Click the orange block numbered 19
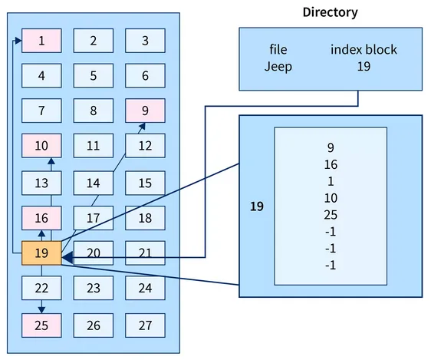pyautogui.click(x=41, y=253)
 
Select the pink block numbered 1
pyautogui.click(x=41, y=41)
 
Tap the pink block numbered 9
pyautogui.click(x=145, y=111)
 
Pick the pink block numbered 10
pyautogui.click(x=41, y=146)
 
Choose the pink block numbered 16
pyautogui.click(x=41, y=218)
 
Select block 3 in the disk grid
pyautogui.click(x=145, y=41)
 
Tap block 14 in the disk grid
pyautogui.click(x=93, y=183)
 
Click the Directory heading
pyautogui.click(x=330, y=12)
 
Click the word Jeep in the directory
pyautogui.click(x=278, y=66)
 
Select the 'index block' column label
pyautogui.click(x=364, y=50)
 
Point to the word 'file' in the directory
pyautogui.click(x=278, y=50)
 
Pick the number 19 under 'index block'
pyautogui.click(x=364, y=66)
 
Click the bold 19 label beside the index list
pyautogui.click(x=257, y=206)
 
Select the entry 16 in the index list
pyautogui.click(x=331, y=164)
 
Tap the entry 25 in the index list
pyautogui.click(x=331, y=215)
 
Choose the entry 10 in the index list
pyautogui.click(x=331, y=198)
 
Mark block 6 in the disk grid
pyautogui.click(x=145, y=76)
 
